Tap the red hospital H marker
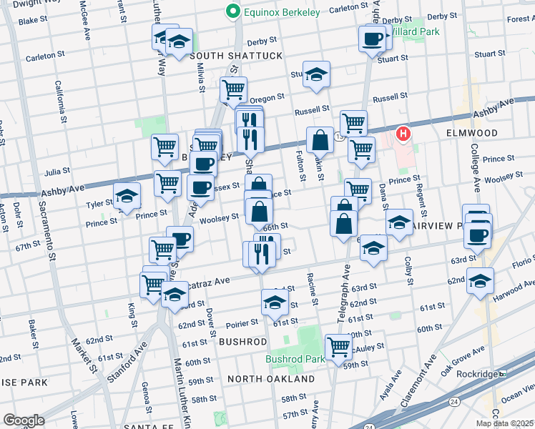click(x=404, y=133)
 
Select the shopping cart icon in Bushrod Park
click(x=338, y=347)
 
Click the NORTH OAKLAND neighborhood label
click(x=271, y=378)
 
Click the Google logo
click(x=24, y=420)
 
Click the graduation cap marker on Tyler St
click(x=127, y=196)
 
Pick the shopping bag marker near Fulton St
click(x=320, y=140)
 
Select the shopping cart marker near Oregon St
click(x=233, y=89)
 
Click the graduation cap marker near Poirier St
click(x=274, y=302)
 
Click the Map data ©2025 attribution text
click(x=505, y=423)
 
